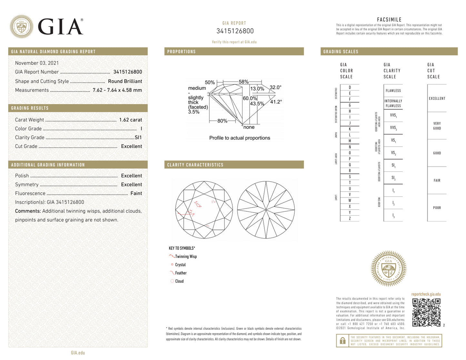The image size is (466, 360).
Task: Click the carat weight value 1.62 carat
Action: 130,120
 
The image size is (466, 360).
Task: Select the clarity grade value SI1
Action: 138,138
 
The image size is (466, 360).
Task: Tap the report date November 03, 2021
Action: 37,63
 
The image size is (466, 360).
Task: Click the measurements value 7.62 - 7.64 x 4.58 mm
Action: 117,90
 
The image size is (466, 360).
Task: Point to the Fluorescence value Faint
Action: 136,193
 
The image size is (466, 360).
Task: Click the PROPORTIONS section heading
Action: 181,52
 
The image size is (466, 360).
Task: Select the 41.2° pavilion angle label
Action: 276,102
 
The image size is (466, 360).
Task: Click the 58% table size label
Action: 243,82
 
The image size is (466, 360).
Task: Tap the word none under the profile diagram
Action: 249,127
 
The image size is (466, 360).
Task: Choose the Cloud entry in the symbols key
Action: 179,281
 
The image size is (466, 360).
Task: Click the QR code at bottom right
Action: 426,312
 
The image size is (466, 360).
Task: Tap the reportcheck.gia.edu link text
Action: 426,294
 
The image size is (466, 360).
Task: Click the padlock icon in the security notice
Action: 342,341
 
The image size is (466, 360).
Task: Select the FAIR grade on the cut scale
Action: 437,180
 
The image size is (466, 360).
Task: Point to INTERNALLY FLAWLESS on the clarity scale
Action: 393,103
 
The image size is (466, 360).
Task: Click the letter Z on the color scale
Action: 350,219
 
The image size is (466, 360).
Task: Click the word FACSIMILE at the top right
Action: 389,20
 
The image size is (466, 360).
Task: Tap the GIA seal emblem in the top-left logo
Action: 21,26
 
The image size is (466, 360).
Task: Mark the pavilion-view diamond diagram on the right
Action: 266,210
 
